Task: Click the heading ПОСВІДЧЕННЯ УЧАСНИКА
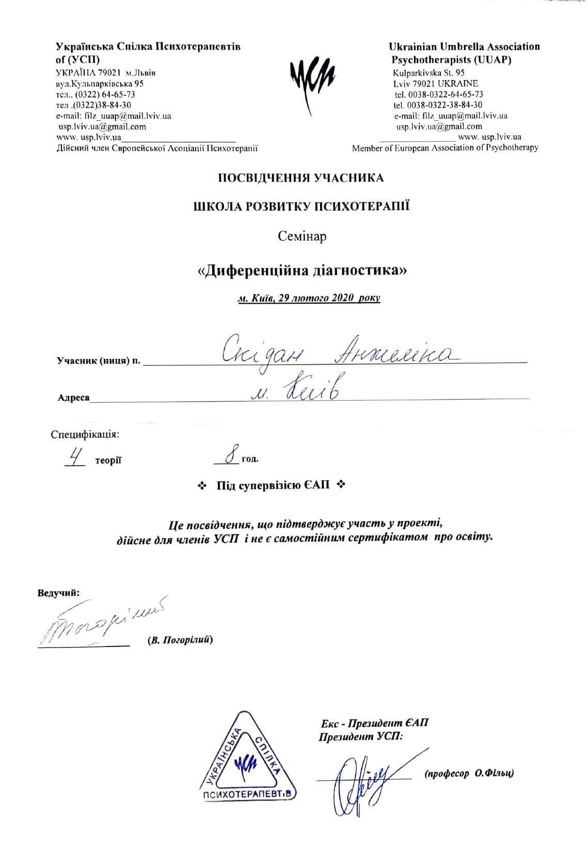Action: click(300, 179)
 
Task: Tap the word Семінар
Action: click(302, 236)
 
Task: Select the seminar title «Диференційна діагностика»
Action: click(303, 271)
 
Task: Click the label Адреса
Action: click(73, 398)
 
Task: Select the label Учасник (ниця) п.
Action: click(98, 361)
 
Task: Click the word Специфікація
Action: click(85, 434)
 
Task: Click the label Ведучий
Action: click(58, 592)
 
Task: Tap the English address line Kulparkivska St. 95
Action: click(428, 73)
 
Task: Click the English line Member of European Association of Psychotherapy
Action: click(445, 148)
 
